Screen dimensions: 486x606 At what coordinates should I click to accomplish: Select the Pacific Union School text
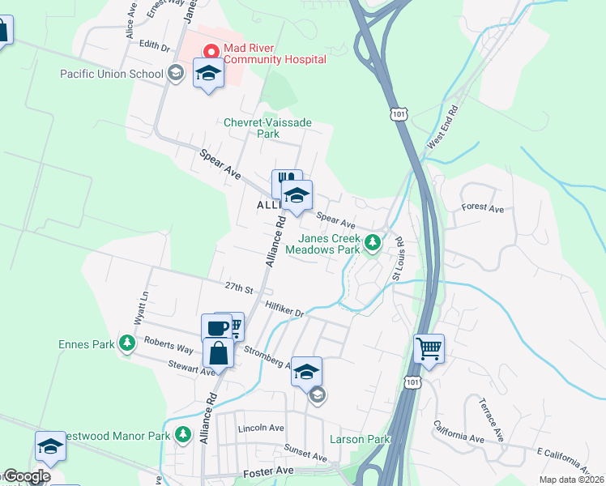112,74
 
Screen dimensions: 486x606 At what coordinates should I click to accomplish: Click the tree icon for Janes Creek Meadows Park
373,242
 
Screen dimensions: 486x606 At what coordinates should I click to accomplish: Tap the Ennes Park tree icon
127,344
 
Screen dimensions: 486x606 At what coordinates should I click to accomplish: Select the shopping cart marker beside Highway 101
429,349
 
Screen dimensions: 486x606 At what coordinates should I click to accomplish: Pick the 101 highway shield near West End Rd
396,115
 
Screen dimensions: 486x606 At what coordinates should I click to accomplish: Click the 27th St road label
240,288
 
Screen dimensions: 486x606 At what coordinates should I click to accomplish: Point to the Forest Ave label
483,208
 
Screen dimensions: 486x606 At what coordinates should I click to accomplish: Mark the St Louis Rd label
399,258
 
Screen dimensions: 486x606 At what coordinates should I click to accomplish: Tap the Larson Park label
361,440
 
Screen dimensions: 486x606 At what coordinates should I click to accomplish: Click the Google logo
26,477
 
